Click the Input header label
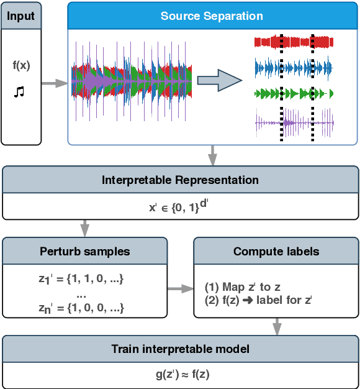[x=22, y=15]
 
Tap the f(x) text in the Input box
[x=21, y=65]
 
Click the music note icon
[x=19, y=92]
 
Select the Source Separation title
[x=212, y=16]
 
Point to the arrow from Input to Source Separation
[x=55, y=83]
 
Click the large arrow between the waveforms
[x=218, y=80]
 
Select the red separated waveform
[x=294, y=42]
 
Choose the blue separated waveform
[x=294, y=66]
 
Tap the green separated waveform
[x=294, y=93]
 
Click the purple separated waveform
[x=294, y=122]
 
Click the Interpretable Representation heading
[x=180, y=180]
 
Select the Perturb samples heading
[x=86, y=252]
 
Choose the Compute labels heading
[x=276, y=252]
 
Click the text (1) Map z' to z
[x=241, y=287]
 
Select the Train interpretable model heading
[x=180, y=349]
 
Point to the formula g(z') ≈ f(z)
[x=180, y=375]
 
